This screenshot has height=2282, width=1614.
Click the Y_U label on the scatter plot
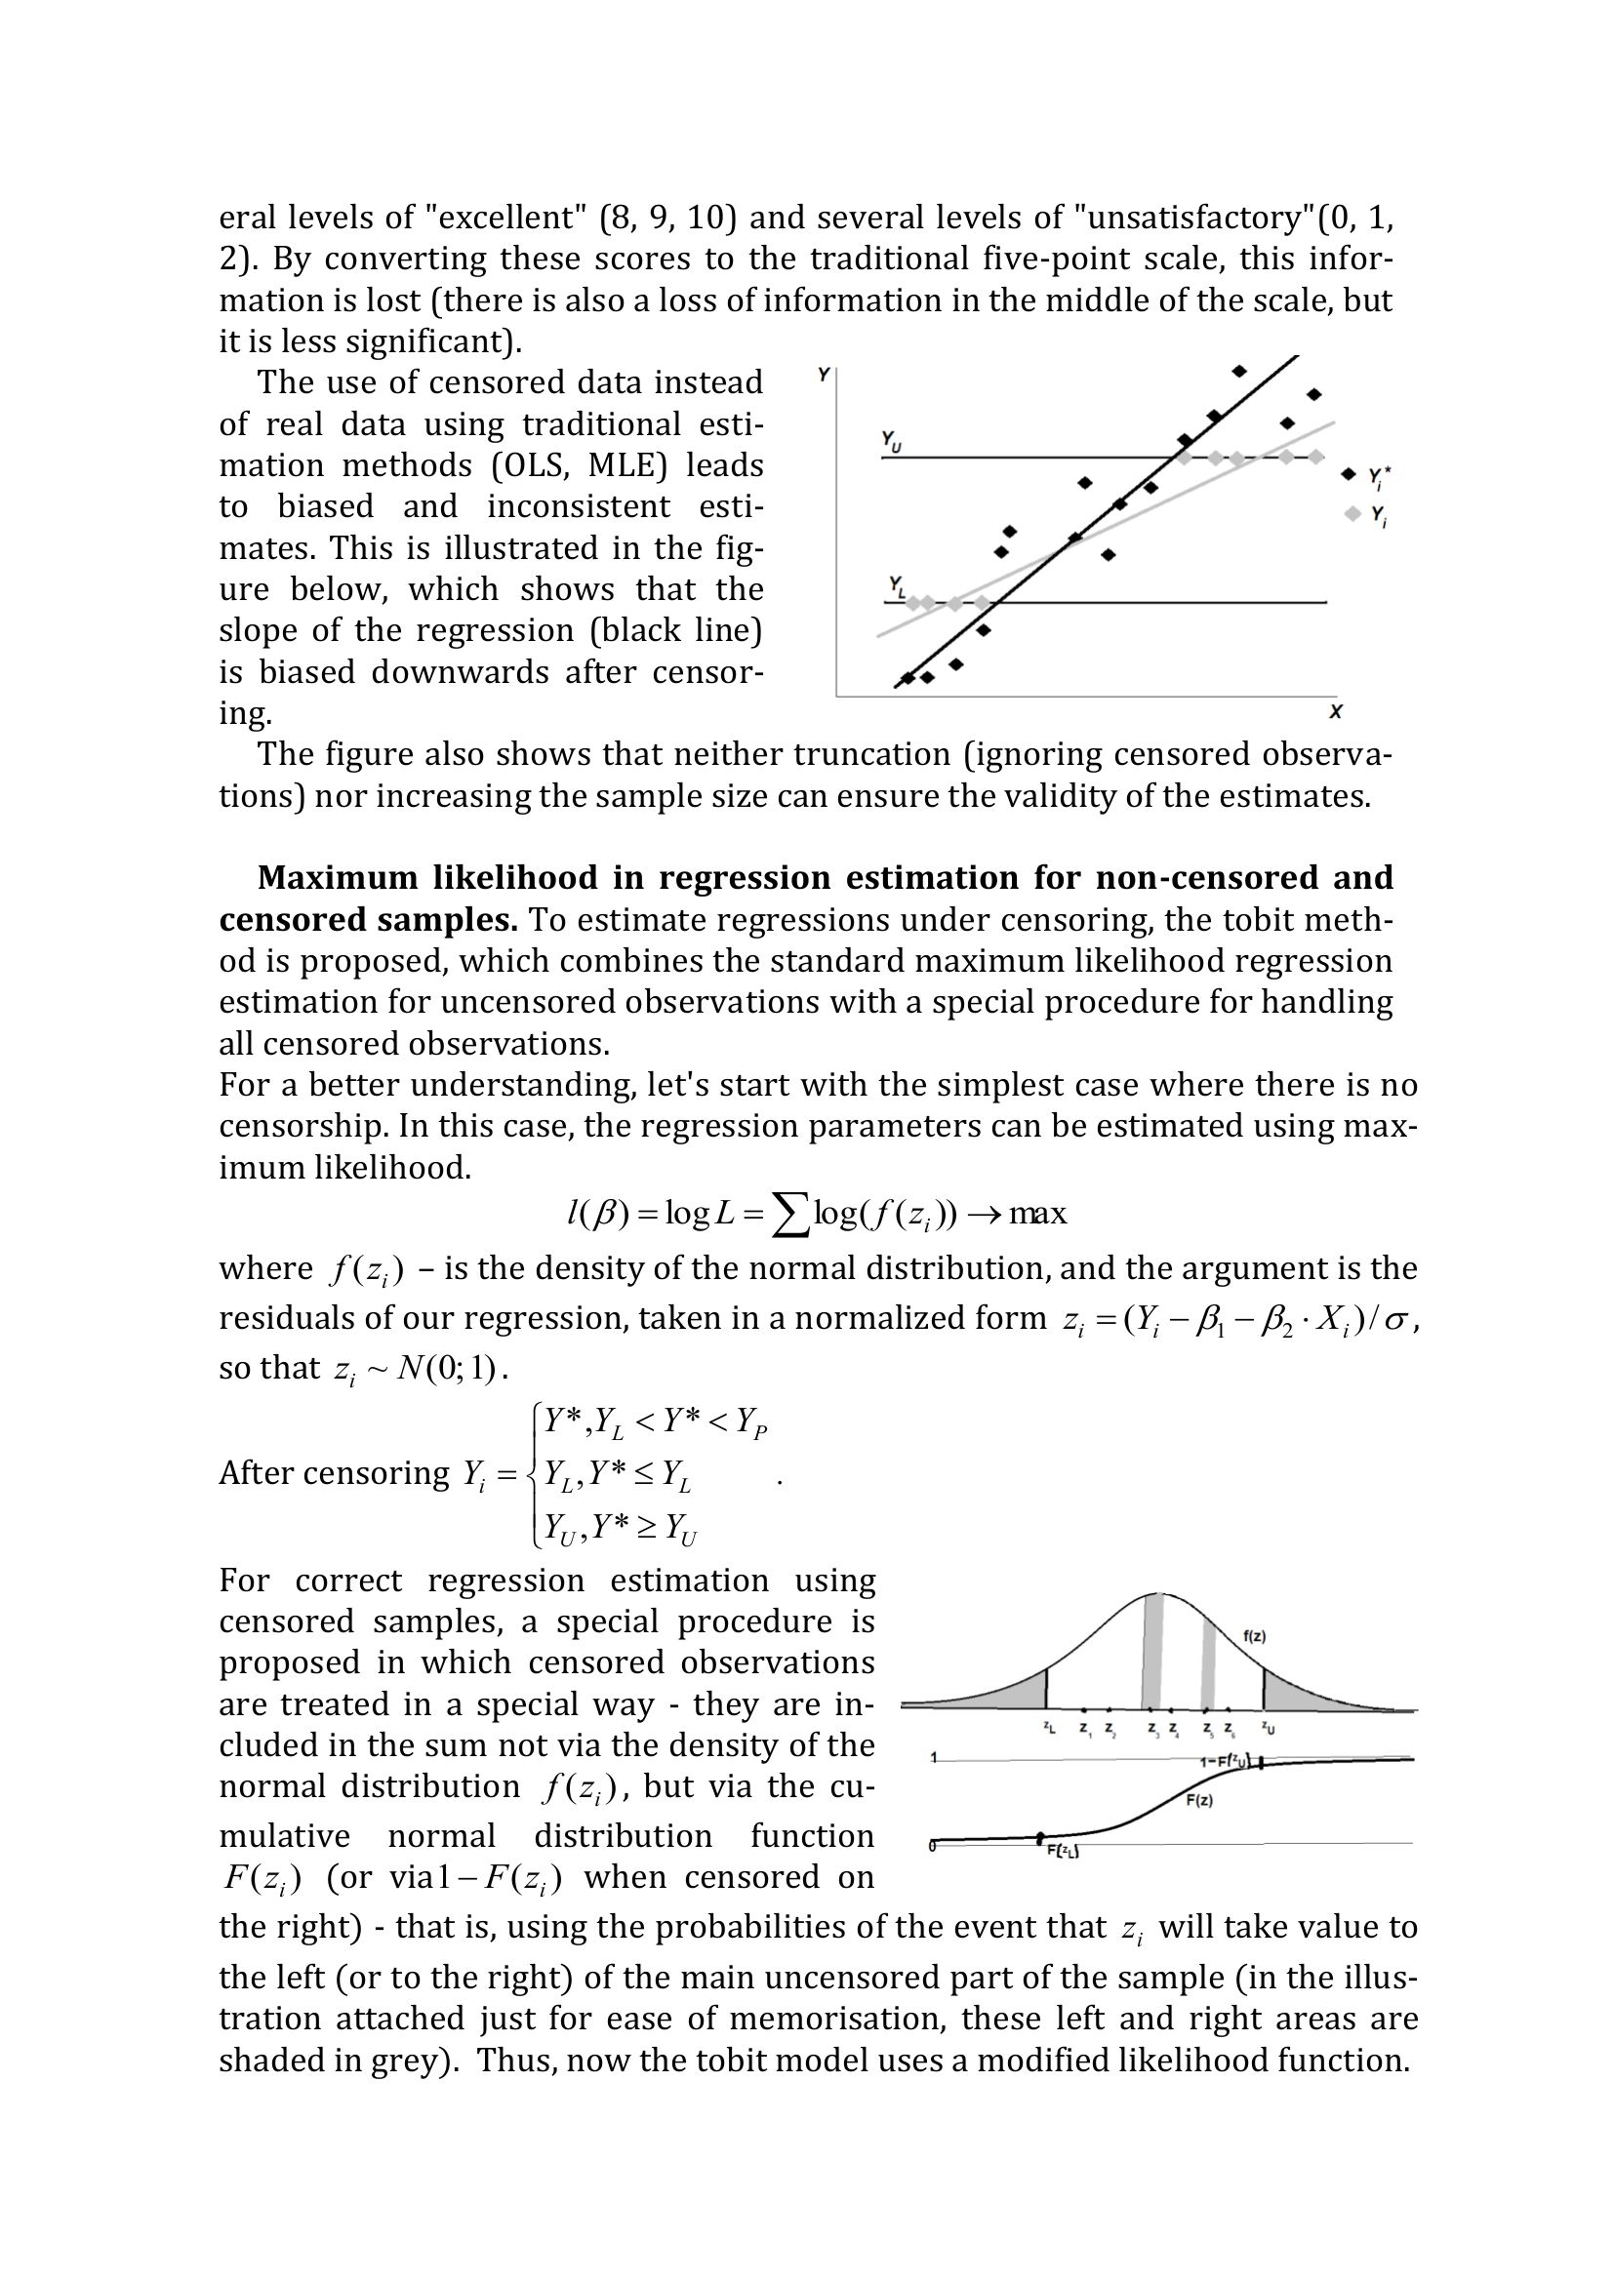(x=892, y=441)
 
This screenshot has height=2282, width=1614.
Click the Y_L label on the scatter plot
(x=898, y=586)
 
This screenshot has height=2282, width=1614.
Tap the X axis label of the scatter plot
(x=1336, y=711)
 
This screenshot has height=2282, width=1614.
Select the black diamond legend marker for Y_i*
(x=1349, y=474)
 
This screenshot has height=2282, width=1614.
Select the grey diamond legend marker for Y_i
(x=1352, y=514)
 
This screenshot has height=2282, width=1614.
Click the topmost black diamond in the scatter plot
(x=1239, y=371)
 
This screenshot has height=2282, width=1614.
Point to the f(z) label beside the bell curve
(x=1254, y=1637)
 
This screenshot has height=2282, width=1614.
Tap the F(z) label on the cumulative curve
(x=1199, y=1800)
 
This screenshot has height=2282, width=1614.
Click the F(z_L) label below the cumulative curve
(x=1064, y=1851)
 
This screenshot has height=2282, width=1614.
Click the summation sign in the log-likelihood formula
(x=790, y=1215)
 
